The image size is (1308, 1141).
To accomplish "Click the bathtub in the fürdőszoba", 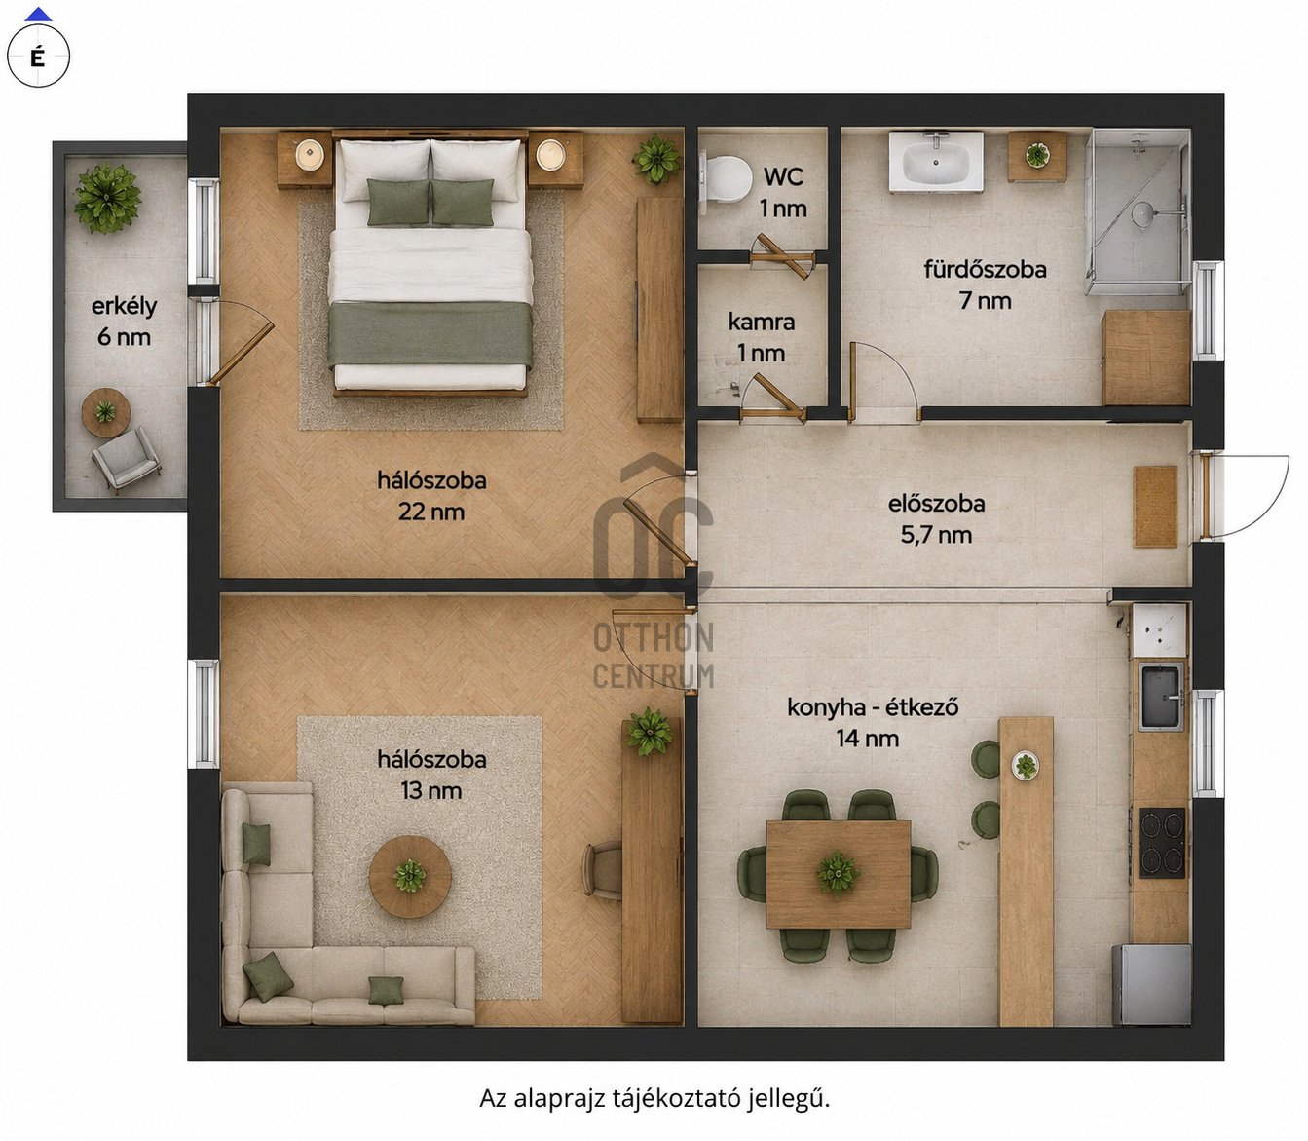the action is click(936, 161).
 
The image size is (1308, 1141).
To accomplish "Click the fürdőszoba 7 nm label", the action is click(986, 285).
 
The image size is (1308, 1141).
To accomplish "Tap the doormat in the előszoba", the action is click(1156, 507).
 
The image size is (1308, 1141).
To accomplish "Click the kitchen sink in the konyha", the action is click(1161, 696).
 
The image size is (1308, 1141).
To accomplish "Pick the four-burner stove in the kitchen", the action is click(1162, 842).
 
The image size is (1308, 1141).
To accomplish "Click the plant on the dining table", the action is click(838, 871).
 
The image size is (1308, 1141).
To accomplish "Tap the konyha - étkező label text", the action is click(873, 708).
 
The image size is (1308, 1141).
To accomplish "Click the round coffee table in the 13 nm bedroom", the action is click(410, 876).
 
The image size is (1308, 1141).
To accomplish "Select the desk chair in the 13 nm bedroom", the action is click(602, 869).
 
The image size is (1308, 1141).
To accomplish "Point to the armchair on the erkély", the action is click(126, 459).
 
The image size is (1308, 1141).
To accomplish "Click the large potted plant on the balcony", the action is click(107, 198).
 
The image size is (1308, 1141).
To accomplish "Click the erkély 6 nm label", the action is click(124, 322).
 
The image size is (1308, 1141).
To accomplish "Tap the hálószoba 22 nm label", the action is click(431, 496).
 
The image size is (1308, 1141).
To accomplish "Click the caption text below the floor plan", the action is click(654, 1099).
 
